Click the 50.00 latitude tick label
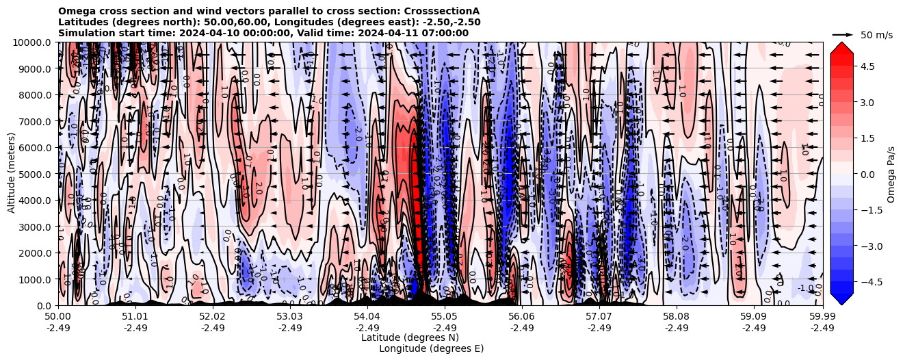(58, 316)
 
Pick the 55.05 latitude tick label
(445, 316)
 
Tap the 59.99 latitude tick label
(822, 316)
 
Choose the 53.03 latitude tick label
(290, 316)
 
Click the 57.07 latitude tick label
(599, 316)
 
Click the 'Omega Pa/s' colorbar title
(891, 174)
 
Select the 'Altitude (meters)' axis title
(12, 174)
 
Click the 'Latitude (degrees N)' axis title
(410, 337)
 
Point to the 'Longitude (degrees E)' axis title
(431, 348)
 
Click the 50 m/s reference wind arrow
(842, 34)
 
